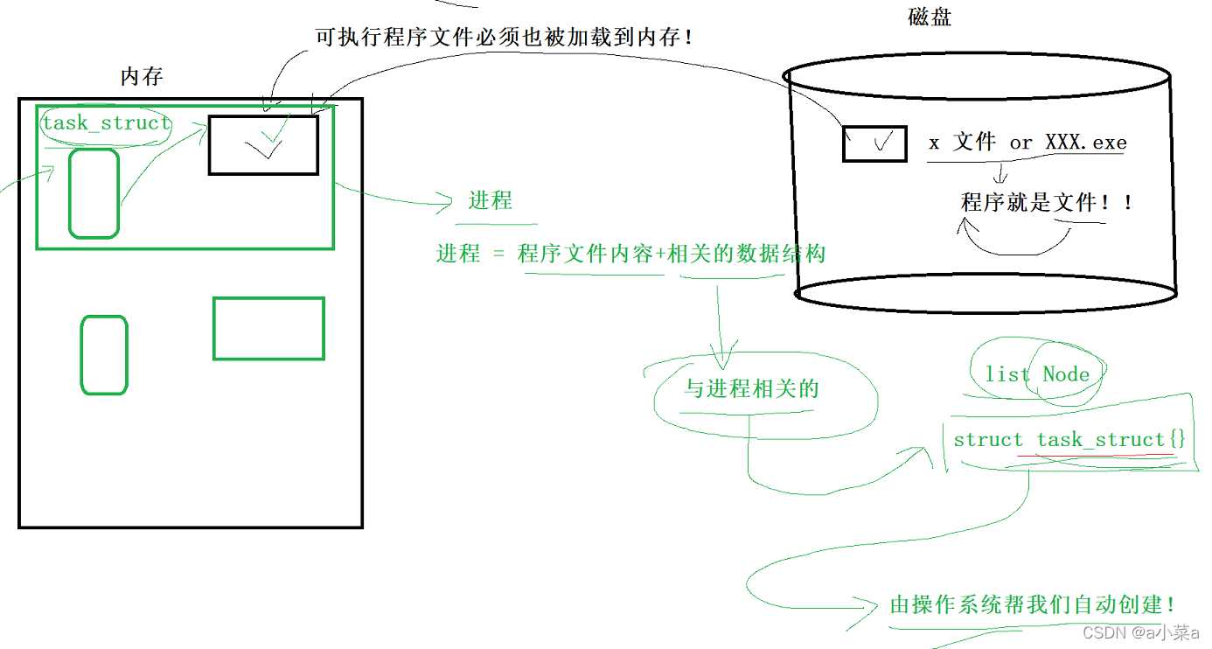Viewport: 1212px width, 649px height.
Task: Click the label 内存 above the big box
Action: pos(142,77)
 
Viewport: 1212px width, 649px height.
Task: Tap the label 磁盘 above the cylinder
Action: pos(930,17)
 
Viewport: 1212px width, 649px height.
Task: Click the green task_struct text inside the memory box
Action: pos(106,122)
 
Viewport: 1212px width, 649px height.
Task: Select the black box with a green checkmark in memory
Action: pos(263,144)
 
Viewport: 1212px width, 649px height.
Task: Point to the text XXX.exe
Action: pos(1086,143)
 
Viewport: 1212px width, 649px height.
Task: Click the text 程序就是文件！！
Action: pos(1047,202)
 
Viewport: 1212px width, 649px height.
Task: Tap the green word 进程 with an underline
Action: pos(490,200)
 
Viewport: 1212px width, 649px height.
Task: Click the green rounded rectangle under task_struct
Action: pos(94,193)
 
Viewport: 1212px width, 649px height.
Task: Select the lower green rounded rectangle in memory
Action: pos(104,355)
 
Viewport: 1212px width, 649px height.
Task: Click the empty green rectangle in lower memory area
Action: pos(268,329)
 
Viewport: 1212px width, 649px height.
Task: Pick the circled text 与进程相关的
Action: pos(750,388)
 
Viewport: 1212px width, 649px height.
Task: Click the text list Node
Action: pos(1037,374)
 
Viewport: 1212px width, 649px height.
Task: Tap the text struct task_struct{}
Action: pos(1069,439)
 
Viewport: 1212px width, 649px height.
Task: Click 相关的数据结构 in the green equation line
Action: pos(746,254)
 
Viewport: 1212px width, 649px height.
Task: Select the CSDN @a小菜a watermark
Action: pos(1140,632)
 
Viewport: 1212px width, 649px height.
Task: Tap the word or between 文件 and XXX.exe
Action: pos(1020,143)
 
